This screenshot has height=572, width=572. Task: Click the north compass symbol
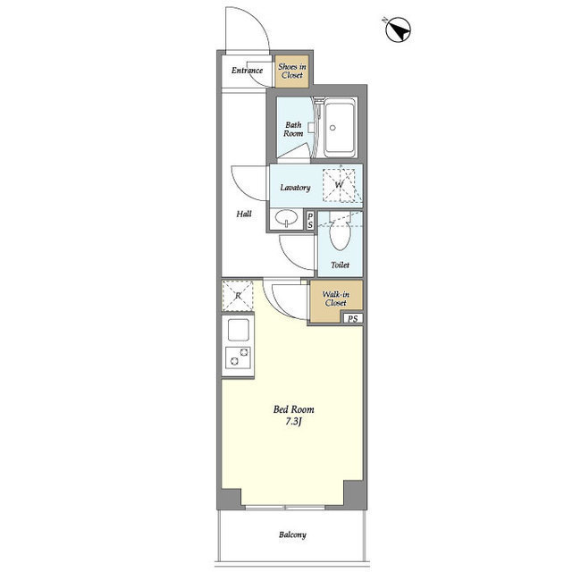[x=398, y=29]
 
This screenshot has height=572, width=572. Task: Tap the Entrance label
[x=247, y=70]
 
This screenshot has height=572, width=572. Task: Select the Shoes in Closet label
[x=292, y=71]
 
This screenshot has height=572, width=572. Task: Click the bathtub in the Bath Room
[x=340, y=128]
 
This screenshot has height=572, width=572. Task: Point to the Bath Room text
[x=293, y=129]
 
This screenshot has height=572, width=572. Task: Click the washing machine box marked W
[x=340, y=185]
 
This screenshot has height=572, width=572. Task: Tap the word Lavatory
[x=295, y=188]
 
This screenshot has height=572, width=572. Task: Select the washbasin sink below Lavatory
[x=286, y=219]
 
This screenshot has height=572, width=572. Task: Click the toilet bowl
[x=340, y=234]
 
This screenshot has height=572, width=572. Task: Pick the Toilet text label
[x=340, y=265]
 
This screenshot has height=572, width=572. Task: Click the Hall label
[x=244, y=214]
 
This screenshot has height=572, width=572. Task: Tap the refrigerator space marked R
[x=238, y=296]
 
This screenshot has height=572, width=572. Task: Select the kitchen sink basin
[x=239, y=330]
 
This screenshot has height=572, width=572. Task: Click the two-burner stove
[x=238, y=357]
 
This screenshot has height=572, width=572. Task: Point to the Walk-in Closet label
[x=336, y=299]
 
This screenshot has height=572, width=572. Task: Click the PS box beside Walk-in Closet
[x=353, y=318]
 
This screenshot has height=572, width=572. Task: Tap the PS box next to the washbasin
[x=310, y=221]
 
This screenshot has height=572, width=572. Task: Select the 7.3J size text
[x=294, y=422]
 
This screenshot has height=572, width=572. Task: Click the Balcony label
[x=292, y=534]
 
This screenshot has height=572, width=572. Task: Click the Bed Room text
[x=294, y=409]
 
